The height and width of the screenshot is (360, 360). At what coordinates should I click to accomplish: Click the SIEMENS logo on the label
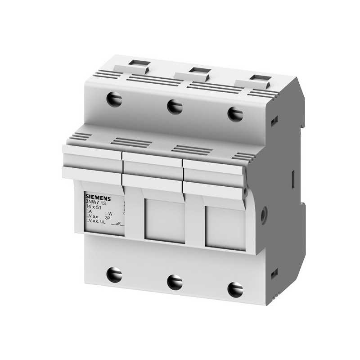[x=98, y=197]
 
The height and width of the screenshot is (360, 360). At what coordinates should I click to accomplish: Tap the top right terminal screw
[x=235, y=113]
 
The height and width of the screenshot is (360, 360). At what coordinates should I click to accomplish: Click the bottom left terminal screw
[x=114, y=274]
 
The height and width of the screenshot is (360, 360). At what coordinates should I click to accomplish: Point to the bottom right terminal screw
[x=235, y=289]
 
